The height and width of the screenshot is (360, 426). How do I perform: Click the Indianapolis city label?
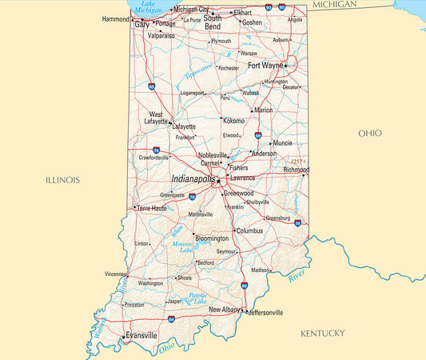[193, 179]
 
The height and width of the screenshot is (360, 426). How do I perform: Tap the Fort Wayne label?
[265, 66]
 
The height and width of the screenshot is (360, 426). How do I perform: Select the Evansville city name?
[141, 336]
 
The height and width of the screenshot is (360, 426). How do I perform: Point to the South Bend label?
[213, 22]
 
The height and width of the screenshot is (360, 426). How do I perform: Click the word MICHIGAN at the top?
[334, 5]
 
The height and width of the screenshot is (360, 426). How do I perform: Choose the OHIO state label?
[369, 133]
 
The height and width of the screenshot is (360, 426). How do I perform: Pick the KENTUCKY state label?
[322, 333]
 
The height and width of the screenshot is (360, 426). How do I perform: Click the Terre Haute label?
[152, 208]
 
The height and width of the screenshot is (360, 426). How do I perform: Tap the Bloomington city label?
[212, 238]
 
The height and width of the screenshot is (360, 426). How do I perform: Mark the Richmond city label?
[296, 170]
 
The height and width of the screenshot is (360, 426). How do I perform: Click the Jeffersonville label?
[266, 312]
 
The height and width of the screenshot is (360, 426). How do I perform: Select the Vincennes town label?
[115, 274]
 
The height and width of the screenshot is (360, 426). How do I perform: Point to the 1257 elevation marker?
[297, 162]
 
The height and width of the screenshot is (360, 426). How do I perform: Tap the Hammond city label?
[115, 18]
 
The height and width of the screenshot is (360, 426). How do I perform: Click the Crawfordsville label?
[153, 158]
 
